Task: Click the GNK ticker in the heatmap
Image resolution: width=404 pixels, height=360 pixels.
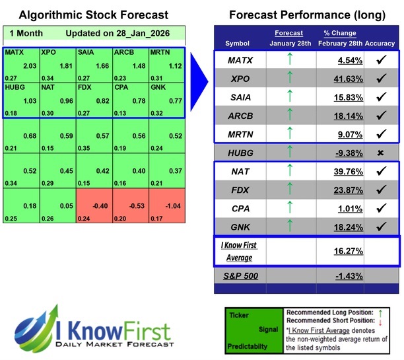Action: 158,87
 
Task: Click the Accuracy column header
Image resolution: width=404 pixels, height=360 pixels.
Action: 380,43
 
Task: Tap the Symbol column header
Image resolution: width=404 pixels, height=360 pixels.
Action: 238,43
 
